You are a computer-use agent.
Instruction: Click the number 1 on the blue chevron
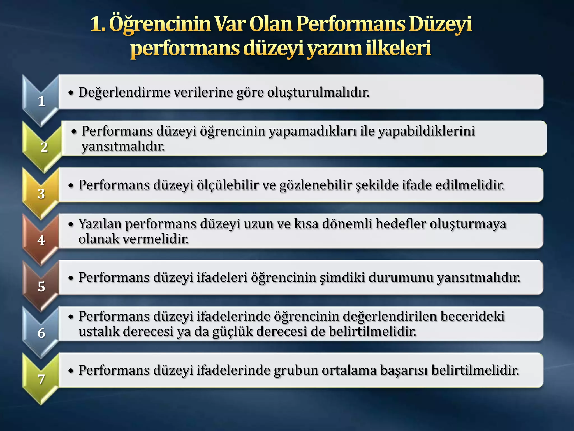(x=41, y=101)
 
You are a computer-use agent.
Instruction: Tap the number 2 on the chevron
(x=44, y=147)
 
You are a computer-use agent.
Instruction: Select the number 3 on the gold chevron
(x=41, y=194)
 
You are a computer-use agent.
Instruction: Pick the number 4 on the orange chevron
(x=41, y=240)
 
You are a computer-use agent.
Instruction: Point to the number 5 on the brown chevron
(x=41, y=286)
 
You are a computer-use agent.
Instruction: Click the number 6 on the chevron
(x=41, y=333)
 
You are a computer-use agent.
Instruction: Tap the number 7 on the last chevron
(x=41, y=379)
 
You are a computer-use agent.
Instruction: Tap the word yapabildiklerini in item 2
(x=426, y=131)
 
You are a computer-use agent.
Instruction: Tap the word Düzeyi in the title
(x=440, y=24)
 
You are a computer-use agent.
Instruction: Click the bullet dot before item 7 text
(x=71, y=371)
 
